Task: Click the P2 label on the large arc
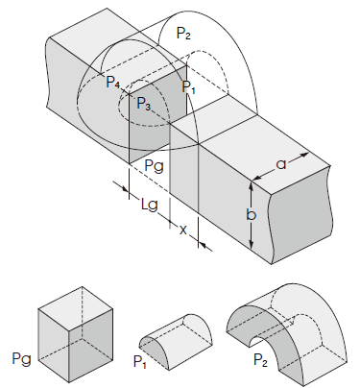[184, 33]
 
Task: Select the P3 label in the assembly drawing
[143, 103]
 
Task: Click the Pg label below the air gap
[154, 165]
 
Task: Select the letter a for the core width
[281, 164]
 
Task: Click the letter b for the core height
[251, 214]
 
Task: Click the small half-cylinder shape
[176, 334]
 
